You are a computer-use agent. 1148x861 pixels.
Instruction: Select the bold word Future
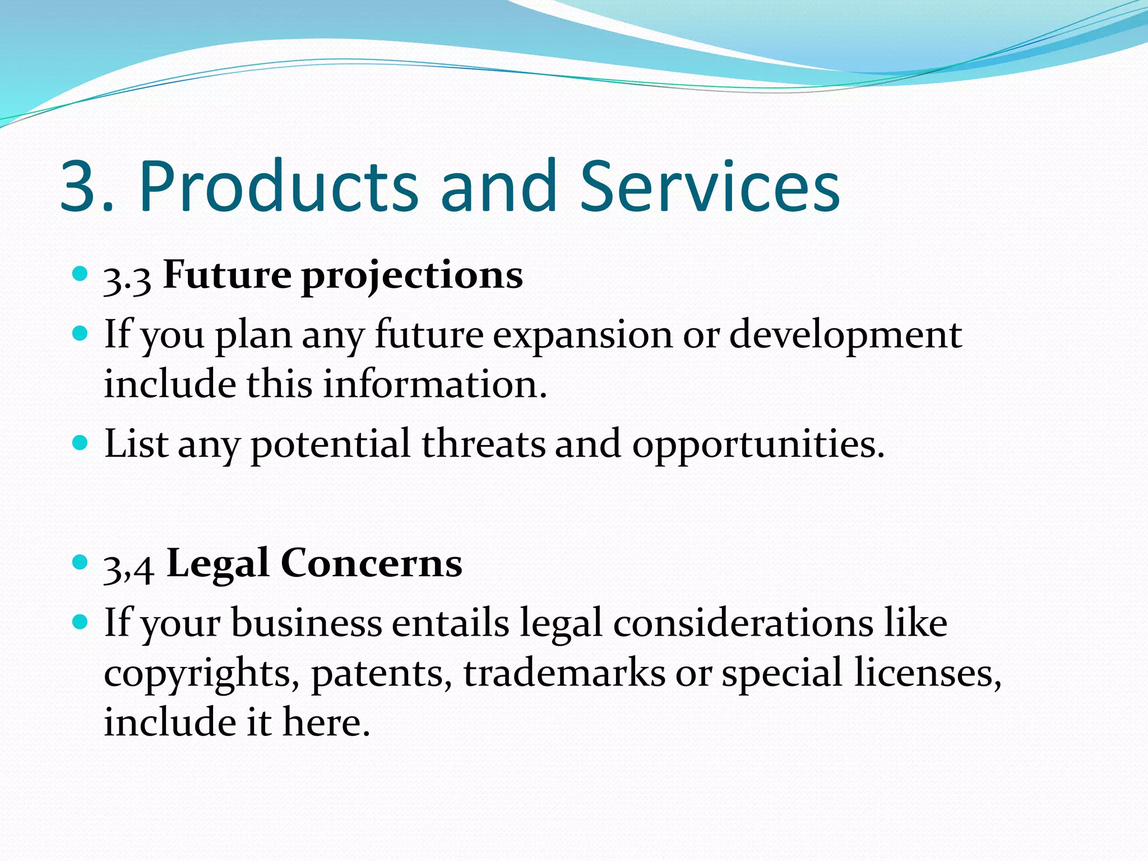point(227,275)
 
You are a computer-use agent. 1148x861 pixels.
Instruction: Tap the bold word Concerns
point(371,563)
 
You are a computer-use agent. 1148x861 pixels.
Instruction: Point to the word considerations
point(743,623)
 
